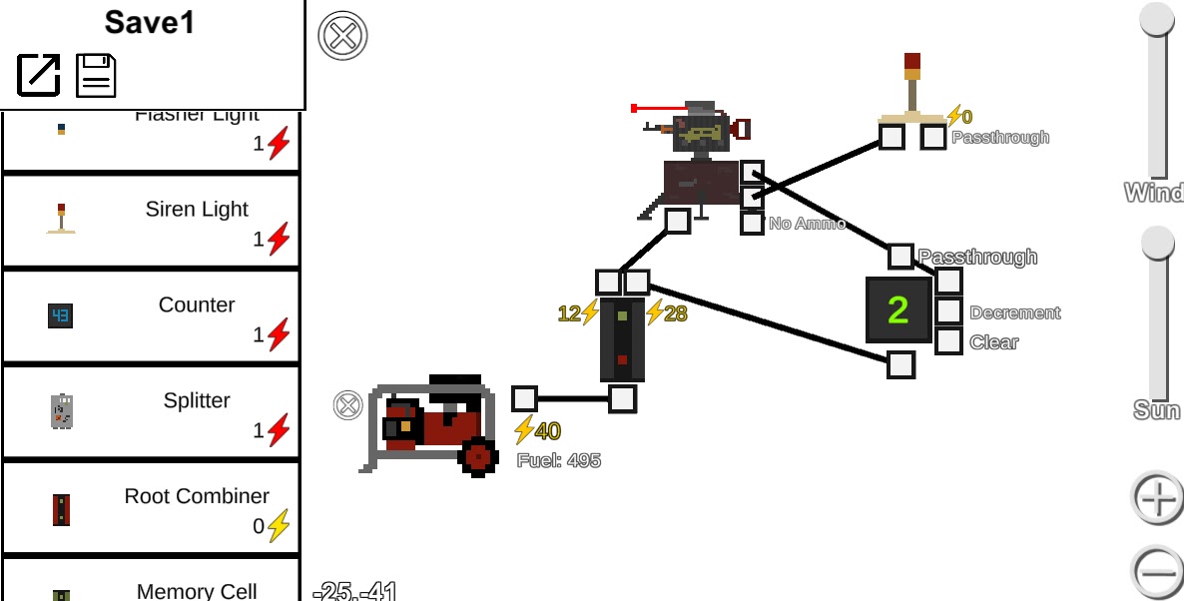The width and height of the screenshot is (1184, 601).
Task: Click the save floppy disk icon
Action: pos(96,75)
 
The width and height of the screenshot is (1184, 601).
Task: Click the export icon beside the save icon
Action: pos(39,75)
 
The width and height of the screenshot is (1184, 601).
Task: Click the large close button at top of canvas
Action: pos(342,37)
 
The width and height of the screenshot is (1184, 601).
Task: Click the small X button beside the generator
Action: pos(347,404)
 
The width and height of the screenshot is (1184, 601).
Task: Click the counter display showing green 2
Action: pos(898,310)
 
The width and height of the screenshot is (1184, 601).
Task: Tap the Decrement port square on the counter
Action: pos(948,311)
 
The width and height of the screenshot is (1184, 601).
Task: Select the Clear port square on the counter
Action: pos(948,341)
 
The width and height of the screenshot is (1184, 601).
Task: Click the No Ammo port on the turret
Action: pos(752,223)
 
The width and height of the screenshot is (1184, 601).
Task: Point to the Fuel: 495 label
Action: pos(559,460)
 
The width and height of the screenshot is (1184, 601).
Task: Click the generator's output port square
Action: pos(524,399)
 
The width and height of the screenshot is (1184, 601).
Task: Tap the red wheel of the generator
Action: pos(478,456)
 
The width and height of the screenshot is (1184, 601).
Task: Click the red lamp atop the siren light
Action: pos(912,66)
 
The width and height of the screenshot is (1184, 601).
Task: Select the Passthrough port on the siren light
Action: pos(933,137)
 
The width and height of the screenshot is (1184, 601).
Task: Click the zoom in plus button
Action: pos(1158,497)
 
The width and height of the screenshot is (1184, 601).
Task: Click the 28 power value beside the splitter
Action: pos(675,313)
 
